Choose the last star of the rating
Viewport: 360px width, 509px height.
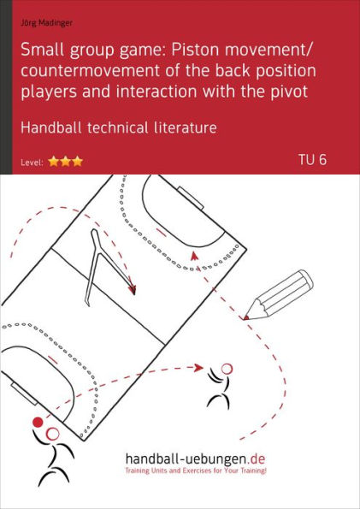pos(77,161)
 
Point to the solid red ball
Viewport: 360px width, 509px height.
pos(37,423)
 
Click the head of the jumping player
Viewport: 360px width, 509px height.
pos(226,369)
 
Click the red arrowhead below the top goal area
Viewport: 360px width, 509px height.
pos(194,253)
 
